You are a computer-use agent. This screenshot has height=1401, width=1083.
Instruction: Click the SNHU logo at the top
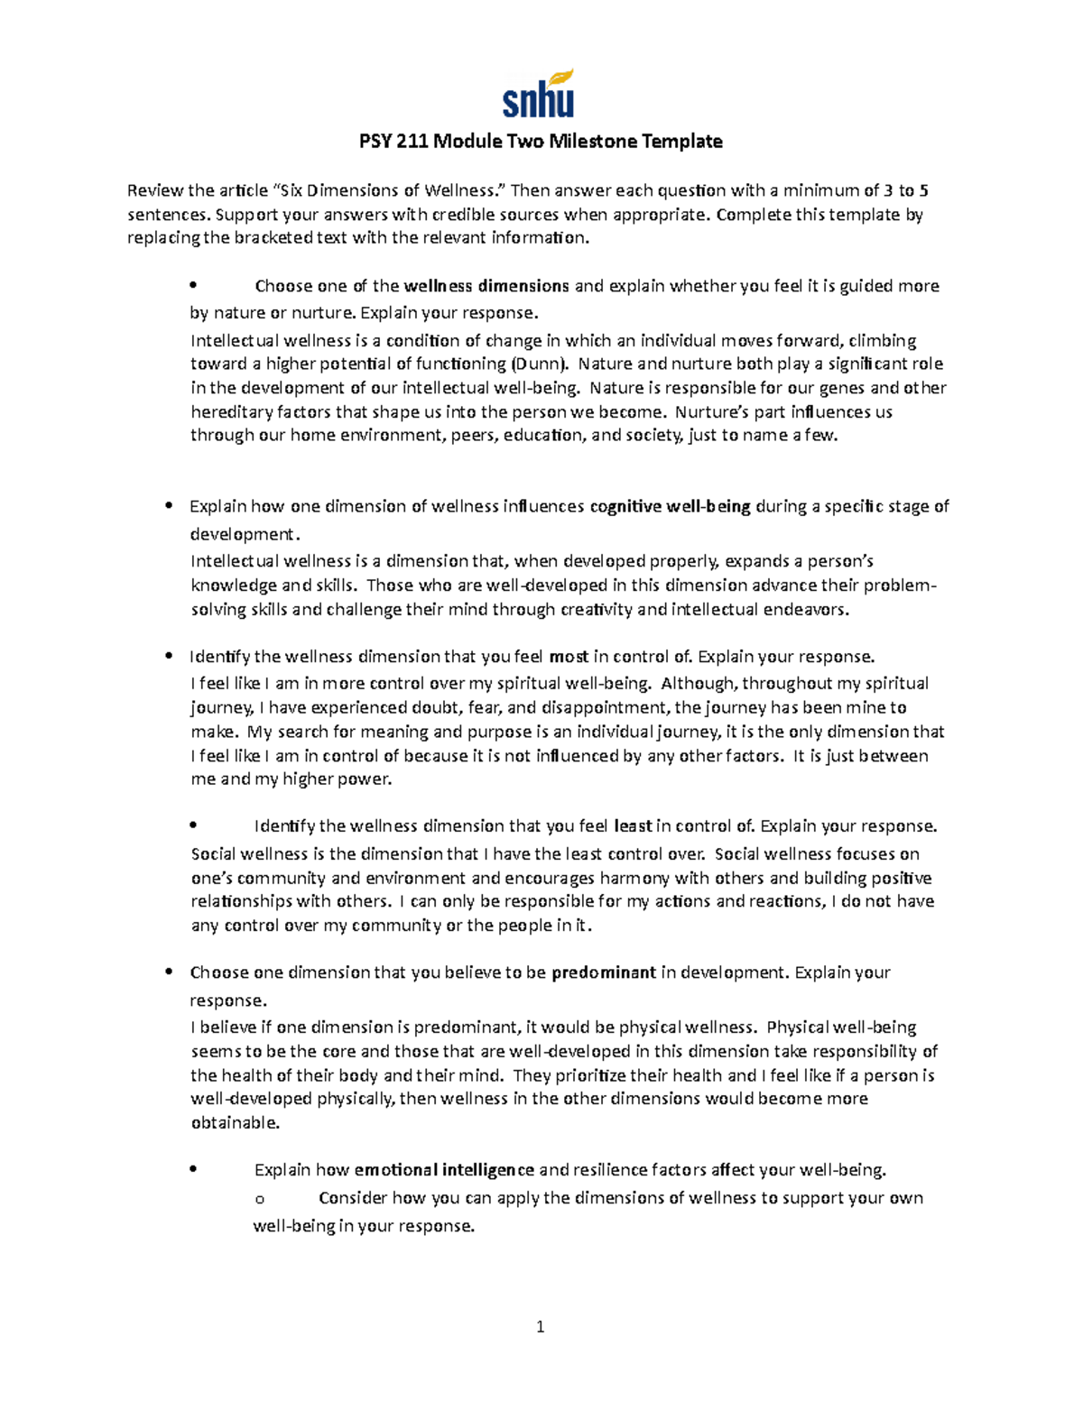click(x=538, y=94)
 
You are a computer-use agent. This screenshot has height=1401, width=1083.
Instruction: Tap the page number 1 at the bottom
click(x=540, y=1326)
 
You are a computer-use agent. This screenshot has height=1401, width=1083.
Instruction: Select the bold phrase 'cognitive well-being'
click(x=670, y=506)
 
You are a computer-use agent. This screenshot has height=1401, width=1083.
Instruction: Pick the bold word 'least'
click(x=633, y=826)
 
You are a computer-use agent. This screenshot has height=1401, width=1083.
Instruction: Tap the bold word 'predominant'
click(x=603, y=972)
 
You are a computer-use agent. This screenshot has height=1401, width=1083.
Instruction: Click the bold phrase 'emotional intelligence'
click(x=444, y=1170)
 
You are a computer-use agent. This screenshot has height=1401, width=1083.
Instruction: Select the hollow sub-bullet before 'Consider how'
click(x=260, y=1199)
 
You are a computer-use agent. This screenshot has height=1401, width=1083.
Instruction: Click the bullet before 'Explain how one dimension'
click(x=168, y=506)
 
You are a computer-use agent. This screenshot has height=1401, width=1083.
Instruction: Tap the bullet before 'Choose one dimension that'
click(x=168, y=972)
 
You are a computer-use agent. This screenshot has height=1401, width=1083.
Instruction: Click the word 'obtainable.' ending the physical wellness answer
click(x=236, y=1123)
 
